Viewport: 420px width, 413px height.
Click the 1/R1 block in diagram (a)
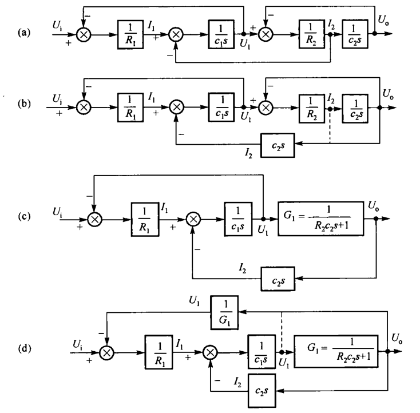click(130, 34)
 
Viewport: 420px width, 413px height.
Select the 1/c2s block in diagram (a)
click(355, 34)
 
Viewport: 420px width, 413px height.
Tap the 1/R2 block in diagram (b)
click(312, 109)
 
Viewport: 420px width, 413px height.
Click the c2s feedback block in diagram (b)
click(278, 145)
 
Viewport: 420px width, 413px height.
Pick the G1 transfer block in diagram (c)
click(321, 219)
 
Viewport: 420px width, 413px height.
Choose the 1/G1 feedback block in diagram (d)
click(224, 312)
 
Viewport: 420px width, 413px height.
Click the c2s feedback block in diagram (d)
click(261, 391)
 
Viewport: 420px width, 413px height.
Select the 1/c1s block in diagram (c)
click(238, 219)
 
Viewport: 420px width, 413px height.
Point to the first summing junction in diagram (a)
click(84, 34)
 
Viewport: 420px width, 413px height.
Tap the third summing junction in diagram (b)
click(266, 108)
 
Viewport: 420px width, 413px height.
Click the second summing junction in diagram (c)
click(193, 219)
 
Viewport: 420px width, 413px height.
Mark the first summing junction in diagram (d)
click(106, 352)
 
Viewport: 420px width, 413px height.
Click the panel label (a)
click(24, 33)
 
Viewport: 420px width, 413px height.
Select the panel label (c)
click(24, 216)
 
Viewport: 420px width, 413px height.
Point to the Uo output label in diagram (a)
click(383, 20)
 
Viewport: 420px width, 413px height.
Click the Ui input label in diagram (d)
click(77, 344)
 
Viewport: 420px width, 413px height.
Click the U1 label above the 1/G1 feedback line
click(195, 301)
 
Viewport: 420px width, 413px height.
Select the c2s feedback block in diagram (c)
click(278, 279)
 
